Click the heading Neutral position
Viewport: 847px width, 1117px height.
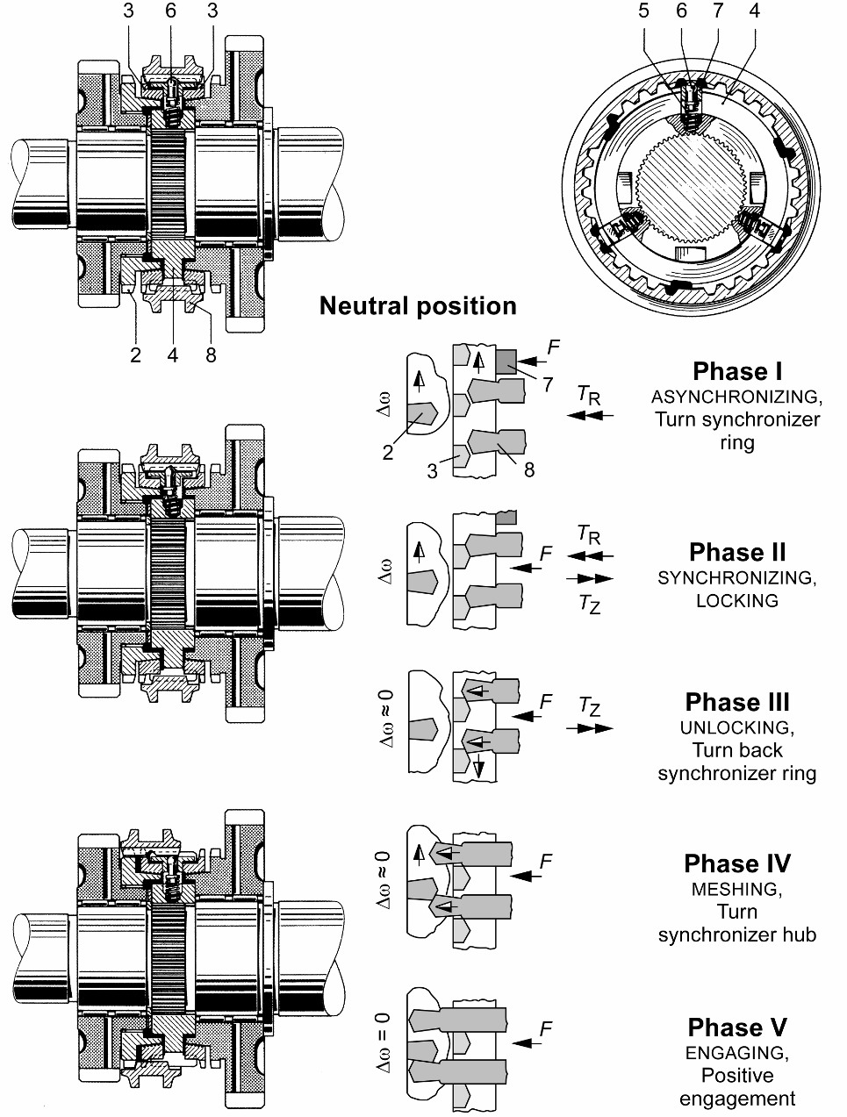click(x=418, y=305)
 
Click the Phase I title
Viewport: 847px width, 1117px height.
click(x=737, y=371)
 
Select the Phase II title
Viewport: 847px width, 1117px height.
click(x=737, y=552)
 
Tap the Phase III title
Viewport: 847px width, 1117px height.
click(x=737, y=702)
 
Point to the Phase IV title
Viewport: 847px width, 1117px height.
click(x=737, y=863)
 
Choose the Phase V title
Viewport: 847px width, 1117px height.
click(x=737, y=1027)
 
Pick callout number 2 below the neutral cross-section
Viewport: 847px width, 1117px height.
click(x=136, y=355)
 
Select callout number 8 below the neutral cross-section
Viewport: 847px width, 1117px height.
click(x=210, y=355)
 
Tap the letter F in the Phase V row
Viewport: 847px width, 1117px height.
click(x=546, y=1029)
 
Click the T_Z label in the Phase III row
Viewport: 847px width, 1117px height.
click(x=591, y=706)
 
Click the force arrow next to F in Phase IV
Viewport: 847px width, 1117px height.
click(x=525, y=875)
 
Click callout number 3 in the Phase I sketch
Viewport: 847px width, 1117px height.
click(x=432, y=471)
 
